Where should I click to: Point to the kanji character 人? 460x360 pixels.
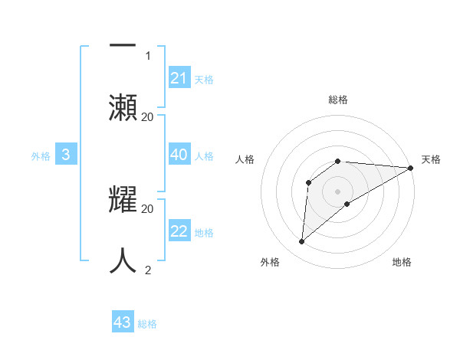[123, 260]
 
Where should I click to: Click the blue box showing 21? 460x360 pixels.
[179, 78]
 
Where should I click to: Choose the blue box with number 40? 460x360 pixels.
[179, 155]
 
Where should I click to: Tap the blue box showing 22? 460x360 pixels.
[179, 231]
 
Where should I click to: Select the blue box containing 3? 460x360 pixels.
[66, 155]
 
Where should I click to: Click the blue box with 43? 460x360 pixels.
[123, 322]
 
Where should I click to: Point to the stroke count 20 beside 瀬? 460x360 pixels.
[148, 117]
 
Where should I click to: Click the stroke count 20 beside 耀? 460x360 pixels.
[148, 208]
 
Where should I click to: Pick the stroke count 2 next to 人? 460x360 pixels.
[148, 270]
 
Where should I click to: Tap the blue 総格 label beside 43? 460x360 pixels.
[148, 324]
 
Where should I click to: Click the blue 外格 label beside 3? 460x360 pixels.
[41, 156]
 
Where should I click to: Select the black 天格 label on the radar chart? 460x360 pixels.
[431, 159]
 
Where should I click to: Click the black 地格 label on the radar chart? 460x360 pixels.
[402, 262]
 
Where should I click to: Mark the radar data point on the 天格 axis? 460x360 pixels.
[411, 168]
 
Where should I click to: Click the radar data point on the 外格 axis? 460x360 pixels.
[302, 242]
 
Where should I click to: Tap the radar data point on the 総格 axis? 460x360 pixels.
[338, 161]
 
